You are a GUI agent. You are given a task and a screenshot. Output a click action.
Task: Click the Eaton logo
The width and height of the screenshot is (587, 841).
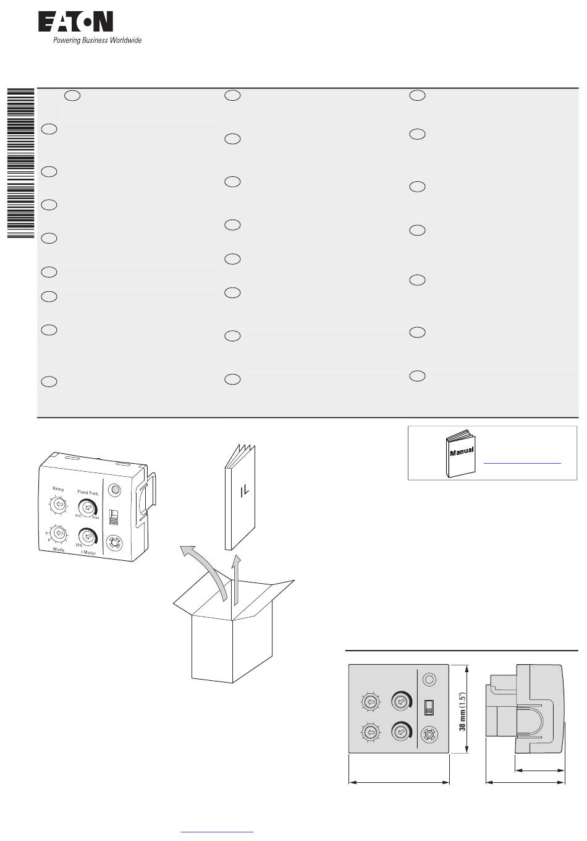tap(75, 23)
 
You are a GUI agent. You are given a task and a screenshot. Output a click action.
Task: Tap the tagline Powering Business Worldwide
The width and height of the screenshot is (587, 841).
tap(96, 41)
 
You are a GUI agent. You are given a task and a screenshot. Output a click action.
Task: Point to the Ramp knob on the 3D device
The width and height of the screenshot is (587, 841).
tap(59, 505)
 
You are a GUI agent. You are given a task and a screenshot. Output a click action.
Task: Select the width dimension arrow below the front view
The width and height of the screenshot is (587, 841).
tap(399, 782)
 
